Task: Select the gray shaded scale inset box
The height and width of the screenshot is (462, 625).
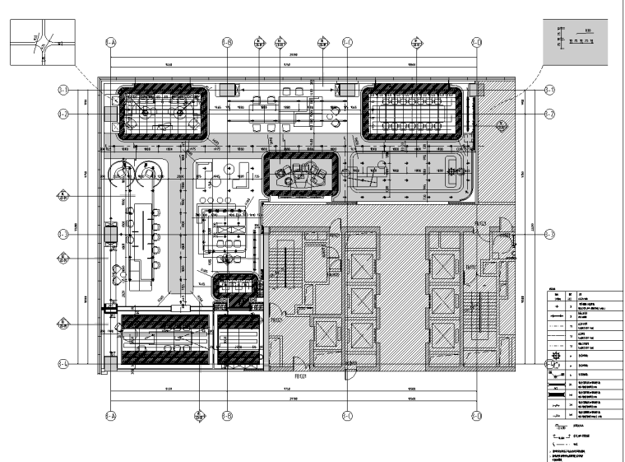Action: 578,39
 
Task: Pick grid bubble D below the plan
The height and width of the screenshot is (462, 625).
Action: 476,416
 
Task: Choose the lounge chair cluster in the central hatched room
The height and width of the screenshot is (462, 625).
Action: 299,175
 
